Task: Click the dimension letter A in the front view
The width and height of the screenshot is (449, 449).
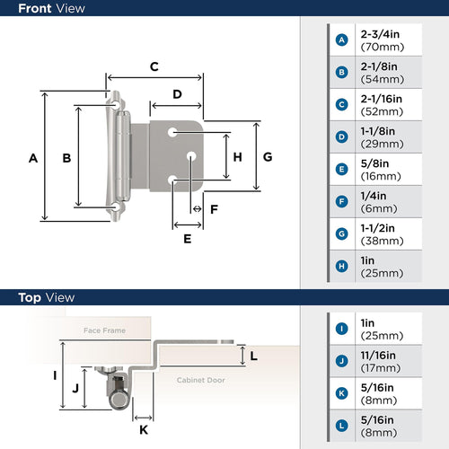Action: [x=32, y=158]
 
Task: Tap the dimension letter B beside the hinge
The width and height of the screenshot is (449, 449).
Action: [x=66, y=158]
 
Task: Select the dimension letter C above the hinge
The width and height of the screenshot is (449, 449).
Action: [x=154, y=66]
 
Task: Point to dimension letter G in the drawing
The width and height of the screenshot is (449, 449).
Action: [x=268, y=156]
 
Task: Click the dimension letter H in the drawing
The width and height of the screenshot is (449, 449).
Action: [x=237, y=156]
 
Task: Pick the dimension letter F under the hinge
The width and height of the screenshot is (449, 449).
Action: [x=214, y=209]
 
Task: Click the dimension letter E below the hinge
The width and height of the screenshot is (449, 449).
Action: [x=188, y=239]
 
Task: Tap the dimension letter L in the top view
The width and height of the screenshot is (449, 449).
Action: [x=253, y=357]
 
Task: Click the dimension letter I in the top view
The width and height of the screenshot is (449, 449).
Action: [x=55, y=374]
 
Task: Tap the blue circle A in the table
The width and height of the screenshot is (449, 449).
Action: [x=341, y=40]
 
